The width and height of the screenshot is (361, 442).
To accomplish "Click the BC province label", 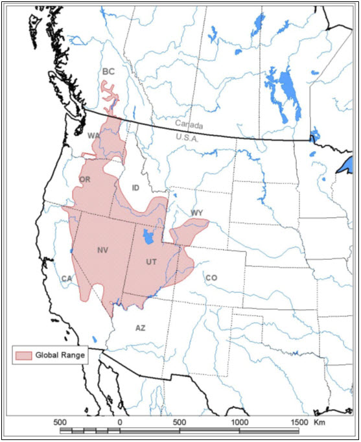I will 108,72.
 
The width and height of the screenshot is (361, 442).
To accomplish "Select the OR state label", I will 84,179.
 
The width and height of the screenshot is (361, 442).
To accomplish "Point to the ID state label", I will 135,187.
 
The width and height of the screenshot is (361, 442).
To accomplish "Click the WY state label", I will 196,213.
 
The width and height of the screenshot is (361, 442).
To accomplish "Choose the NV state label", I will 102,250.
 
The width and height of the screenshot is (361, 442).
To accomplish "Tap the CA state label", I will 66,279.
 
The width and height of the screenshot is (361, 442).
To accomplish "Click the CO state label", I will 211,278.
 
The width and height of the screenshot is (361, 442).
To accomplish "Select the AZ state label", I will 141,328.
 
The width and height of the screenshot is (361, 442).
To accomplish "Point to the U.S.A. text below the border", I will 189,137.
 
